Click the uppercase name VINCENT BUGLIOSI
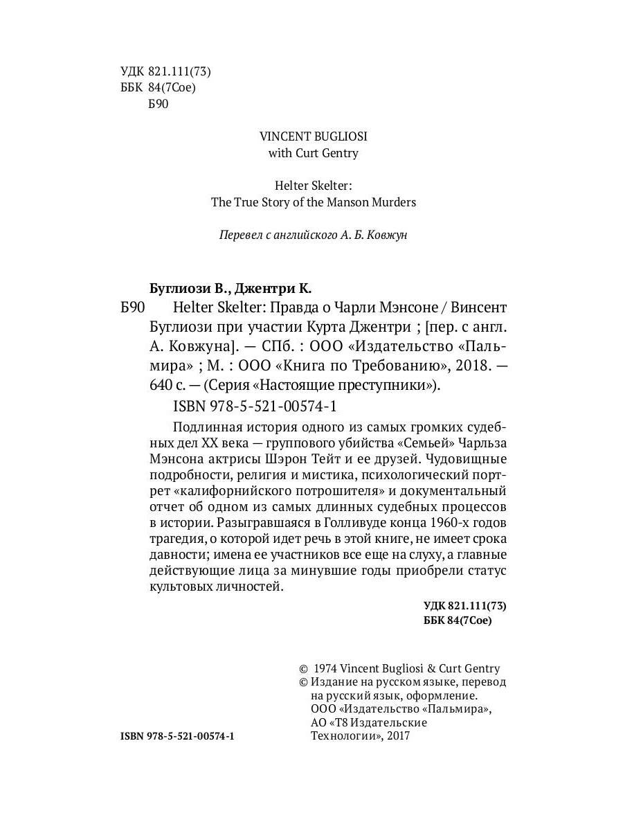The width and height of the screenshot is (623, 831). [313, 136]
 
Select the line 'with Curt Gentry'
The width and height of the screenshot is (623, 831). [313, 153]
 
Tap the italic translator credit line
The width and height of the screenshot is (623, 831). [313, 235]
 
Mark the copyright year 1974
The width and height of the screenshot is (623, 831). [326, 668]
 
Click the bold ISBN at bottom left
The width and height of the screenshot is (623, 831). [178, 737]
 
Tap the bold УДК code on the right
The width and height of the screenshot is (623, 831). [465, 605]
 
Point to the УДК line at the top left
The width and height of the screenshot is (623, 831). [165, 71]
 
